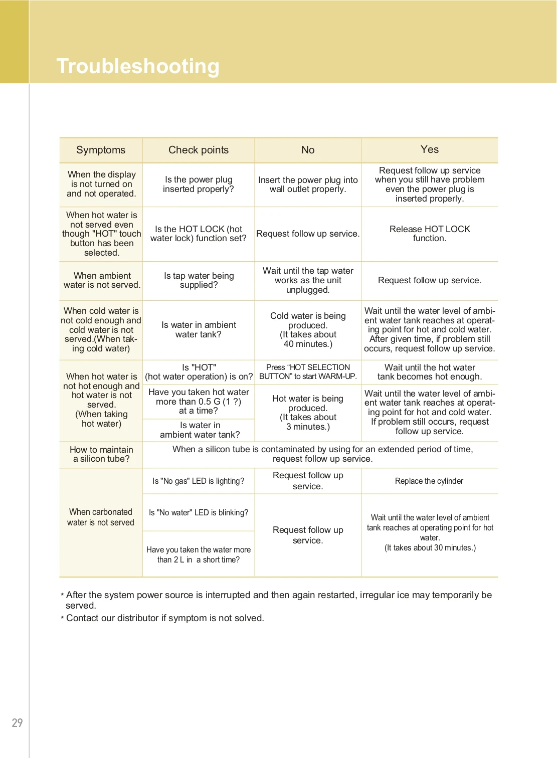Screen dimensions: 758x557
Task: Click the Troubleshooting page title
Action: [x=138, y=66]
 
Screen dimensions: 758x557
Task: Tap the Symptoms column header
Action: [x=101, y=150]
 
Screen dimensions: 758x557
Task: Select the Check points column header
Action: [x=199, y=150]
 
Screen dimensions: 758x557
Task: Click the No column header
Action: [x=308, y=150]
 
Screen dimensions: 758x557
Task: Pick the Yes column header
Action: [x=430, y=149]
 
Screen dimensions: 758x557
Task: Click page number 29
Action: [x=17, y=722]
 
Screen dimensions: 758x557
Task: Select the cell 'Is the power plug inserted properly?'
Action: [x=199, y=184]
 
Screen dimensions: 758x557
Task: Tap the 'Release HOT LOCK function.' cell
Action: [x=430, y=234]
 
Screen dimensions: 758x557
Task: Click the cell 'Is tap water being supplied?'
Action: [x=199, y=280]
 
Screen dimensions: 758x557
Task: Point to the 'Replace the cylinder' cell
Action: [x=429, y=481]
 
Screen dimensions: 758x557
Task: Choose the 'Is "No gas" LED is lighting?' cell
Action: [x=199, y=481]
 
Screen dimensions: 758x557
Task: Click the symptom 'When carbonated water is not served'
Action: [x=101, y=517]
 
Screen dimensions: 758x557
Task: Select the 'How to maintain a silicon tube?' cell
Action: [x=101, y=454]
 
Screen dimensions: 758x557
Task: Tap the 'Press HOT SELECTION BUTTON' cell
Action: [x=308, y=372]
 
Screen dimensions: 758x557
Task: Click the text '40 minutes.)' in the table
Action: [x=308, y=344]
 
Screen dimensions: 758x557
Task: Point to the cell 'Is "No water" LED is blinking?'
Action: [x=199, y=512]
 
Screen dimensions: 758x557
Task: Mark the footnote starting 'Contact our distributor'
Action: [x=165, y=618]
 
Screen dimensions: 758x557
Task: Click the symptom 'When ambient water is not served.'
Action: [x=102, y=280]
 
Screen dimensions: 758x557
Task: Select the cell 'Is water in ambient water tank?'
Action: [x=199, y=330]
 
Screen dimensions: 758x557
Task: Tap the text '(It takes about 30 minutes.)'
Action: [x=430, y=548]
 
